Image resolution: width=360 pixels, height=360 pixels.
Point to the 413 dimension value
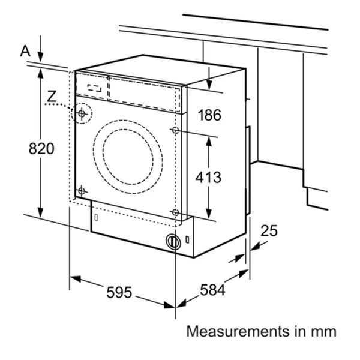209,178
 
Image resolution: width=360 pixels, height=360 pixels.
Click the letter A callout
25,51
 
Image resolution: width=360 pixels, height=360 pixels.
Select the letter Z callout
53,95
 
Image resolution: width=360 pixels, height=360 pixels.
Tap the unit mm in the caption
323,331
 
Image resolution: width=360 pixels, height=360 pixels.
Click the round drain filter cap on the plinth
173,242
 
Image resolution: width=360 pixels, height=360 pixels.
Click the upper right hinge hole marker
175,130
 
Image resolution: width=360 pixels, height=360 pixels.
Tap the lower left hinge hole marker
82,191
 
